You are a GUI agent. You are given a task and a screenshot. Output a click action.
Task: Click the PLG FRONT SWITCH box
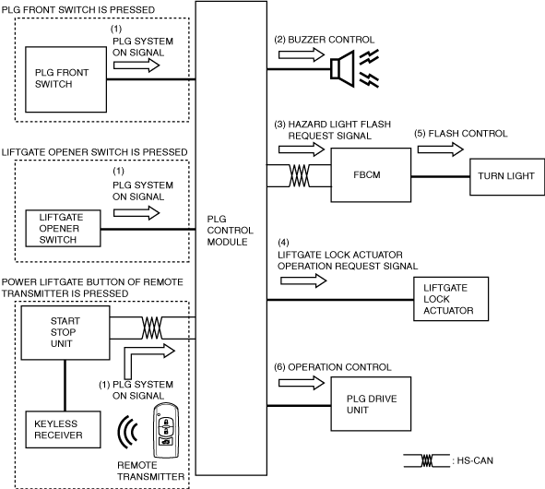coord(65,79)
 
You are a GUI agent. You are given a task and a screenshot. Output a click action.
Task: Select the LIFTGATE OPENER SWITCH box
coord(64,229)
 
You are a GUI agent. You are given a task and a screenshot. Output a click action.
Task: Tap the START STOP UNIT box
coord(65,333)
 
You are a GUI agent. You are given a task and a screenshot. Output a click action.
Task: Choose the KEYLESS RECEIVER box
coord(64,430)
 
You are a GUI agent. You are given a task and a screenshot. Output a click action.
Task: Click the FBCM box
coord(371,175)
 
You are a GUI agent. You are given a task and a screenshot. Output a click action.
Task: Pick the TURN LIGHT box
coord(507,176)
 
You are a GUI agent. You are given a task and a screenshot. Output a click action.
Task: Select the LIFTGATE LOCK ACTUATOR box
coord(451,299)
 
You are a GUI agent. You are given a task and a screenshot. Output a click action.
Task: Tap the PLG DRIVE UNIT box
coord(371,404)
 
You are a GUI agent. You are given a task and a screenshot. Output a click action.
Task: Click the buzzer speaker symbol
coord(343,69)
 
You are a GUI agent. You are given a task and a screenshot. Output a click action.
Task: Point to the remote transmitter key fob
coord(166,431)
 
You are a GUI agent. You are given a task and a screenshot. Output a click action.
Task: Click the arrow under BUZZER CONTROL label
coord(302,54)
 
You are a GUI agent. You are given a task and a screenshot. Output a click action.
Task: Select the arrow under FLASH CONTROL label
coord(441,149)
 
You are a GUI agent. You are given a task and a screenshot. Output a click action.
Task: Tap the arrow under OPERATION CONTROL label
coord(302,383)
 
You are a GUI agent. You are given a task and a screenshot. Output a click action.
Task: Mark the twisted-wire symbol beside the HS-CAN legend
coord(427,460)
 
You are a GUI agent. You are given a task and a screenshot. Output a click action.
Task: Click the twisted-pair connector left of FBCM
coord(299,175)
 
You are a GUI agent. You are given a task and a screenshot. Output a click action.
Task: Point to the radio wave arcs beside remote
coord(127,432)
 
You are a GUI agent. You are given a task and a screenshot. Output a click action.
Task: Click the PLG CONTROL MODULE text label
coord(230,231)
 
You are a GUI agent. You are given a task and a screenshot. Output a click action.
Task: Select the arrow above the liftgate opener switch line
coord(136,213)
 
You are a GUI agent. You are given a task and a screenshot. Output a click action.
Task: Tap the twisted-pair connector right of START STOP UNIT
coord(152,328)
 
